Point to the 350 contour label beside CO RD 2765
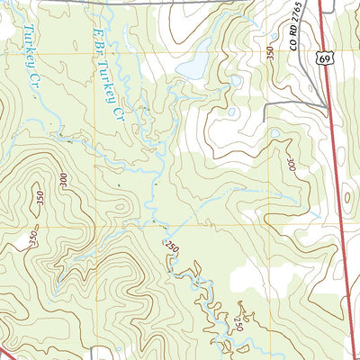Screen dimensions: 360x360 coord(269,54)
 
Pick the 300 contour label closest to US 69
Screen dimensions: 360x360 coord(289,166)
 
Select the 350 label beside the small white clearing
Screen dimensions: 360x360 coord(33,237)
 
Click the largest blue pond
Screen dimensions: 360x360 coord(191,69)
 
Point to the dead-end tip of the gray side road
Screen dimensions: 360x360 coord(265,120)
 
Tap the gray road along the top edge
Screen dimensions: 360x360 coord(180,4)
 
